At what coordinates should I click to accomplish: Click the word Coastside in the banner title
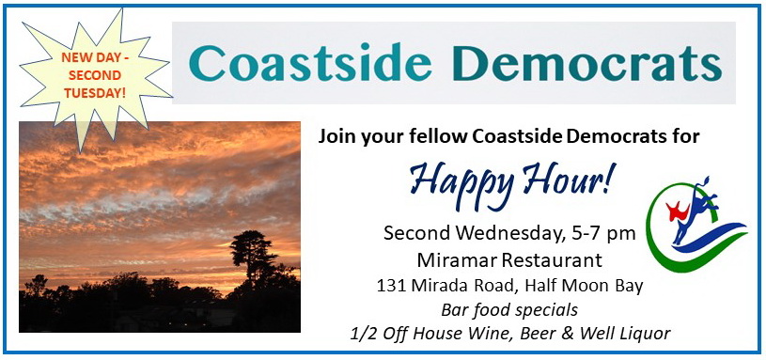pos(310,63)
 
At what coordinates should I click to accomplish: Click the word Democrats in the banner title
pos(587,63)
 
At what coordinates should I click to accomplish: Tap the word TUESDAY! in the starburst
pos(95,92)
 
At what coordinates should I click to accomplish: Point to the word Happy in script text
pos(464,183)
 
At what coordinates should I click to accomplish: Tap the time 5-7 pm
pos(602,234)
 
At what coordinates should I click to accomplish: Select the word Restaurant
pos(553,260)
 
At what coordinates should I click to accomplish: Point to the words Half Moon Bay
pos(584,287)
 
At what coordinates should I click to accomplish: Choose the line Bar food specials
pos(509,309)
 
